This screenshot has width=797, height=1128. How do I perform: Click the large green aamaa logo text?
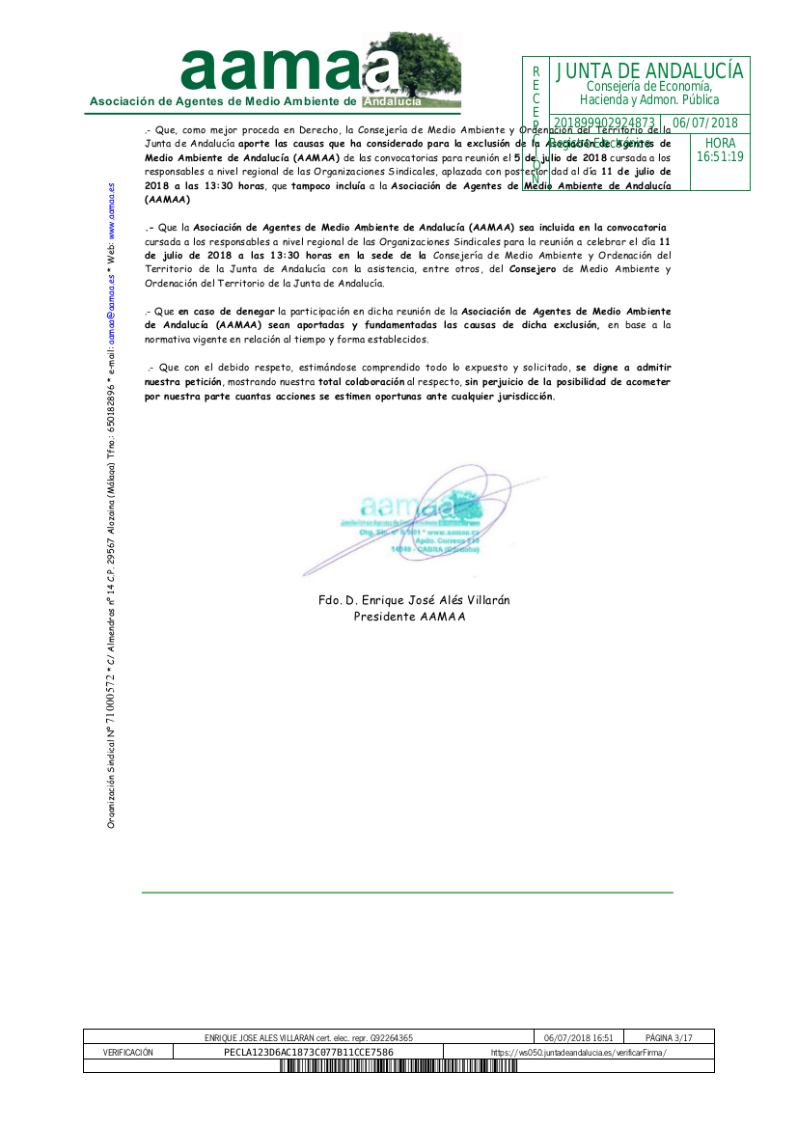(x=289, y=69)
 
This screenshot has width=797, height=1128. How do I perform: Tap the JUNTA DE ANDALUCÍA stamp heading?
(x=649, y=71)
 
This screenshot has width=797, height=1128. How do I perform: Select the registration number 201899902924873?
(x=605, y=124)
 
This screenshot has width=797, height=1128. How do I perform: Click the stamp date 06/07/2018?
(x=704, y=124)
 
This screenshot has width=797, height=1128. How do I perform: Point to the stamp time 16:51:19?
(x=720, y=157)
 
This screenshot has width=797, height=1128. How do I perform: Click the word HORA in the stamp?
(x=720, y=143)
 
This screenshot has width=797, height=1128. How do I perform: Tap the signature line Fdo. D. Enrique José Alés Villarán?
(x=414, y=600)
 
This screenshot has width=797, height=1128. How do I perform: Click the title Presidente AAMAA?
(x=409, y=616)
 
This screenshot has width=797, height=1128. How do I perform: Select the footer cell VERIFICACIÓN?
(x=127, y=1052)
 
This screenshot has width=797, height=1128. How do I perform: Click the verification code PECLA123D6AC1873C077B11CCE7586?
(x=308, y=1052)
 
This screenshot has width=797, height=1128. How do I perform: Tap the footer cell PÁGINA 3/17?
(x=669, y=1037)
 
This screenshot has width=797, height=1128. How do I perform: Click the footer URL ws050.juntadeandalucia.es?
(x=578, y=1052)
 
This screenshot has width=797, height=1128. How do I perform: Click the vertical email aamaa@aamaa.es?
(x=112, y=312)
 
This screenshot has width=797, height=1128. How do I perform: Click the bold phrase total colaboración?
(x=362, y=383)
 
